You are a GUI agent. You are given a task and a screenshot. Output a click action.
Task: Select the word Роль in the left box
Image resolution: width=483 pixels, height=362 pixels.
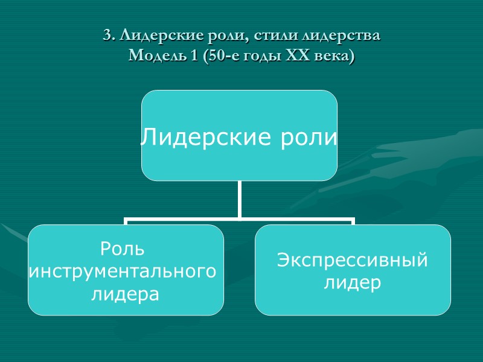click(123, 249)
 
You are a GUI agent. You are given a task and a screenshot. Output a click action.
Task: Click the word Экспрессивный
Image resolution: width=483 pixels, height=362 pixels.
click(353, 260)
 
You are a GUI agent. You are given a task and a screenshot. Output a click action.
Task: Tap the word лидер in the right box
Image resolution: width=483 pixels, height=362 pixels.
click(353, 282)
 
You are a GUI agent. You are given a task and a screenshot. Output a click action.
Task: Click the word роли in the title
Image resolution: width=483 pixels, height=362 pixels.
click(226, 36)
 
